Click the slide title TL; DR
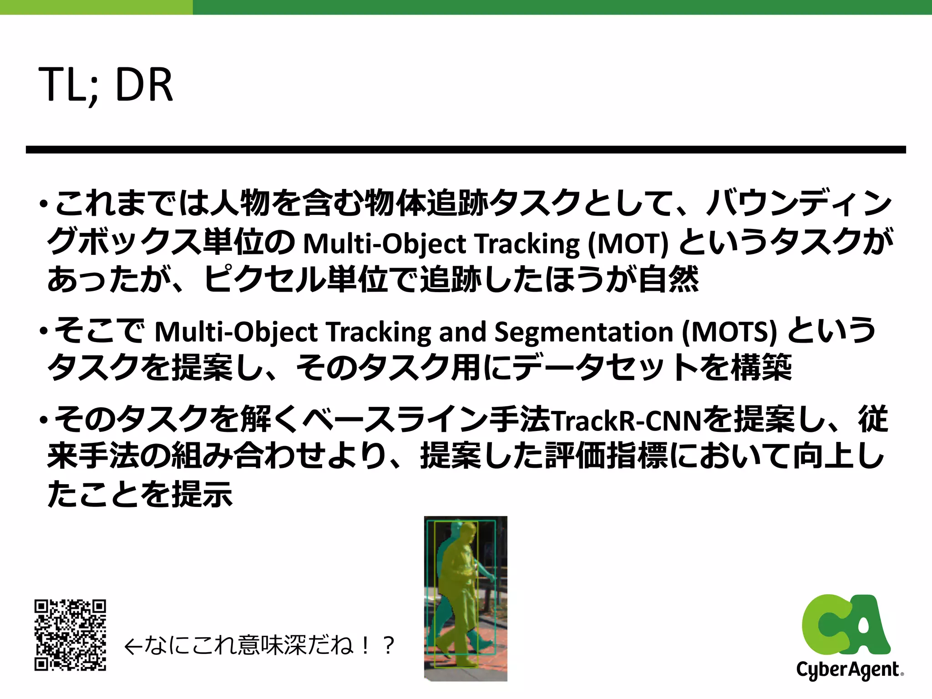106,85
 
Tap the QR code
70,635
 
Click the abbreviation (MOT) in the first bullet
628,244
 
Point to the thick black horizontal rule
466,150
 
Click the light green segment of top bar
96,7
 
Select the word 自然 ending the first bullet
668,279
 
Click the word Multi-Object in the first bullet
385,244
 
